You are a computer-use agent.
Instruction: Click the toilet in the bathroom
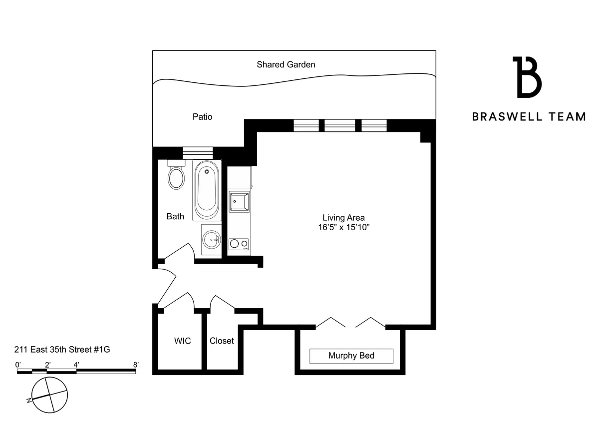(176, 177)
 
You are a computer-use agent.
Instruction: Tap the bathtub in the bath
(206, 190)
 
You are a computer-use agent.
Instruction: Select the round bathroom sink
(212, 240)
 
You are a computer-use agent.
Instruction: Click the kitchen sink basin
(239, 201)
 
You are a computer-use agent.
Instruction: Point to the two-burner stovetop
(239, 244)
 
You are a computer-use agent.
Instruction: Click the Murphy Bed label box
(351, 356)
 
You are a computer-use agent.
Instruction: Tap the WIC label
(182, 341)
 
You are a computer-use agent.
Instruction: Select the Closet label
(222, 341)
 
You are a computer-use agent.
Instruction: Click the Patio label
(202, 117)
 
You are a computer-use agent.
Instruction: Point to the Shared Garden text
(286, 64)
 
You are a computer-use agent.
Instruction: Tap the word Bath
(175, 216)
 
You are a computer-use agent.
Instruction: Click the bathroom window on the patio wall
(198, 152)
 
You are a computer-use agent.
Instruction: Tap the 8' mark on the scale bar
(136, 365)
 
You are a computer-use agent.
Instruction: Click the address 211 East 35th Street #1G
(62, 350)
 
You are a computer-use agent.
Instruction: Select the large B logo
(527, 77)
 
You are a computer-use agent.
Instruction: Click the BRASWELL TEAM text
(529, 117)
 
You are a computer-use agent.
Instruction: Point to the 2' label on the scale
(47, 365)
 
